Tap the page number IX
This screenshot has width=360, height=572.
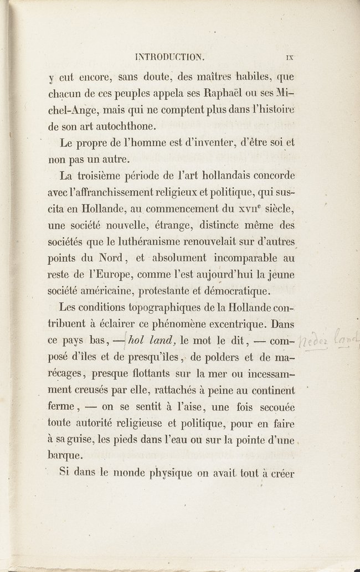tap(289, 56)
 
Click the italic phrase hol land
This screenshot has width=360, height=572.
tap(147, 339)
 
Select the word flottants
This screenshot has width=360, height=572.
tap(155, 372)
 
